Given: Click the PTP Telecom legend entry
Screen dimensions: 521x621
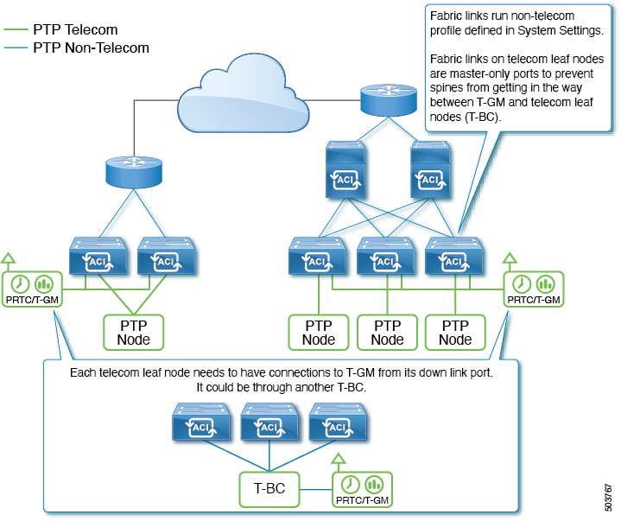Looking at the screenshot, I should [74, 30].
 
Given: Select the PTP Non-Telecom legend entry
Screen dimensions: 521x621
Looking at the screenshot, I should [91, 48].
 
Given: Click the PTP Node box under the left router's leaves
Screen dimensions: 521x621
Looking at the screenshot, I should [133, 331].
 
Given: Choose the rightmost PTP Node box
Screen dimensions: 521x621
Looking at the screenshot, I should [455, 331].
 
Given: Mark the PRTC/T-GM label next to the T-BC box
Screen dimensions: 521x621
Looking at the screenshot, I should [362, 499].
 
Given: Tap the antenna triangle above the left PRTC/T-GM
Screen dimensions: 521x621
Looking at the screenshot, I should [10, 257].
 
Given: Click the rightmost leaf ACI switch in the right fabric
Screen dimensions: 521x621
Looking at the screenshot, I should [455, 257].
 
